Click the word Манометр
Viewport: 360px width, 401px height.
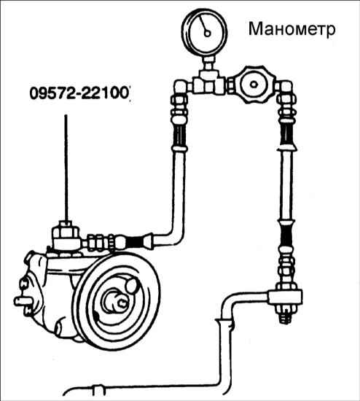click(x=291, y=29)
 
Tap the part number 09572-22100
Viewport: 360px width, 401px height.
click(x=79, y=93)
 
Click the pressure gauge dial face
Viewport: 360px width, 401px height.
click(x=204, y=32)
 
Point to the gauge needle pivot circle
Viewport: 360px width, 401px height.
click(x=207, y=34)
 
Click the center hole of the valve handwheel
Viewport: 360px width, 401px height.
click(x=254, y=85)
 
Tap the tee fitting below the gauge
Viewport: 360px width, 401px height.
click(x=208, y=82)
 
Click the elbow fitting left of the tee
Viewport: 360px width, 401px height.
click(x=181, y=87)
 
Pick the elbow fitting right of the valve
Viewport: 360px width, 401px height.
click(x=284, y=87)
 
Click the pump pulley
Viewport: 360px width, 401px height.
click(x=117, y=300)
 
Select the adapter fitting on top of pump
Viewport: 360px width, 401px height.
click(x=66, y=235)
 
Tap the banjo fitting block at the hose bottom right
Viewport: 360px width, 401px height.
click(x=284, y=296)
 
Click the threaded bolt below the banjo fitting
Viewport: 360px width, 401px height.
click(x=284, y=314)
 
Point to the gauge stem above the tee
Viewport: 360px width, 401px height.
click(x=208, y=63)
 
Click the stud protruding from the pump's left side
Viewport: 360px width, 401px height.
click(x=23, y=301)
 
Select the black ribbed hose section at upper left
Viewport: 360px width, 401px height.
click(x=180, y=135)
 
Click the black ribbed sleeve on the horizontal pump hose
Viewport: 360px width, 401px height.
click(x=136, y=242)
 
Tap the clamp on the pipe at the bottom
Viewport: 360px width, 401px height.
click(x=99, y=390)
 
